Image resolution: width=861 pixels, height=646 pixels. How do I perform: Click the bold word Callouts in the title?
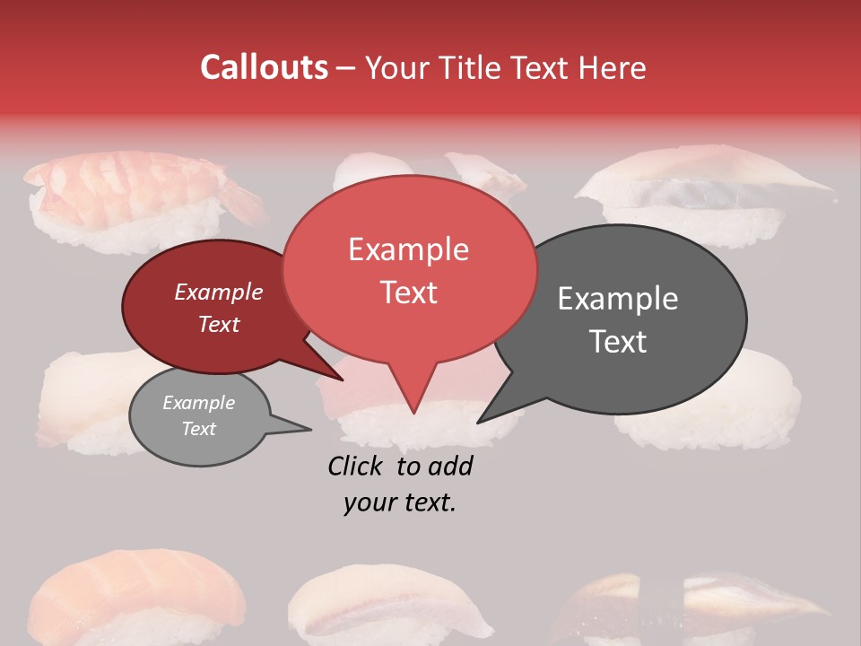click(x=264, y=67)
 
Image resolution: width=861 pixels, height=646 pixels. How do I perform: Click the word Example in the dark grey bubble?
click(x=618, y=299)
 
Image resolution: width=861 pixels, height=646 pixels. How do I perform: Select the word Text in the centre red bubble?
click(x=408, y=292)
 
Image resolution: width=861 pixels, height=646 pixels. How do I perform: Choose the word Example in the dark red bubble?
click(x=218, y=292)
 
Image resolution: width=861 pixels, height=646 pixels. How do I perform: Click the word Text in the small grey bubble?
click(x=198, y=429)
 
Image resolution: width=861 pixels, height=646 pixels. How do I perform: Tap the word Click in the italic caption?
click(x=354, y=466)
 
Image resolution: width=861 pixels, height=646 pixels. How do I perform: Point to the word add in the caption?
click(x=450, y=466)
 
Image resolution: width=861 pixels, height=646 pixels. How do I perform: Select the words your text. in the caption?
click(x=399, y=502)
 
